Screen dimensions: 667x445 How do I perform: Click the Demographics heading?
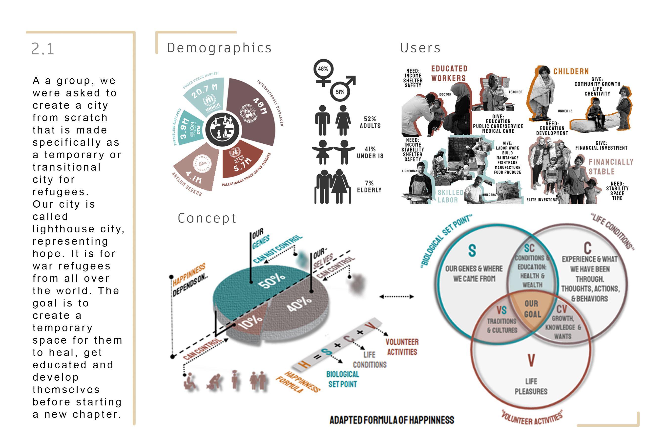[219, 48]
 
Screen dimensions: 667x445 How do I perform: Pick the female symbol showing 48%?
[323, 69]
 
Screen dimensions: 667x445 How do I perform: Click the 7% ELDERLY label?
[369, 186]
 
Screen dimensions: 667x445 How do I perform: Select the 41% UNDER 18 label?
[370, 152]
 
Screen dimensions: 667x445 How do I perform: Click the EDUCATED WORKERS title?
[449, 73]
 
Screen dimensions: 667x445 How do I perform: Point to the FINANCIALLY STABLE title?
[611, 167]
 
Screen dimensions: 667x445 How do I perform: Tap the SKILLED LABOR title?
[450, 196]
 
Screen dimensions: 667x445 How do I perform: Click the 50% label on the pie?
[272, 281]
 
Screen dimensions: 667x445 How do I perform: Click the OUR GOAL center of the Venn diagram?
[532, 309]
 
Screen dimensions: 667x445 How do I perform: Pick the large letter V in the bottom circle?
[531, 360]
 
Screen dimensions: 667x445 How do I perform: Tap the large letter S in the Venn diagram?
[472, 250]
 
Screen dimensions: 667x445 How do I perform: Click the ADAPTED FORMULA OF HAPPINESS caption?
[392, 420]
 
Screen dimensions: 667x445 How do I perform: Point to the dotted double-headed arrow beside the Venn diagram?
[396, 297]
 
